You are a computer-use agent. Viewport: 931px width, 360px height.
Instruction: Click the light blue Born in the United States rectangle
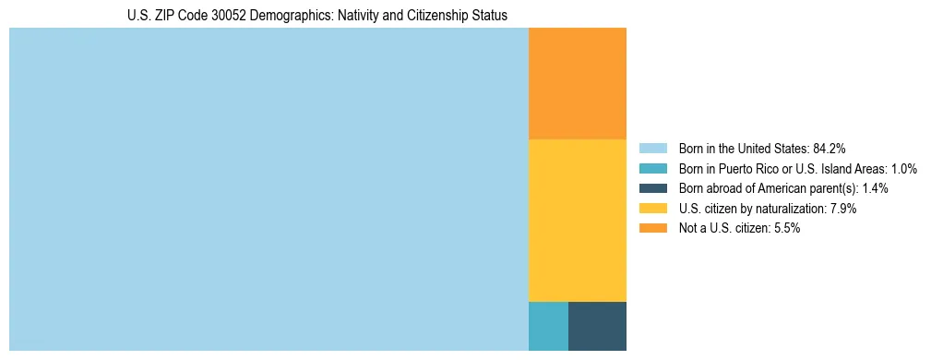(268, 189)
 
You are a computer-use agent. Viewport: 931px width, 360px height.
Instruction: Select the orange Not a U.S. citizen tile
(577, 83)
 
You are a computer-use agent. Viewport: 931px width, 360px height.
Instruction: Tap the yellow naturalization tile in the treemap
(577, 220)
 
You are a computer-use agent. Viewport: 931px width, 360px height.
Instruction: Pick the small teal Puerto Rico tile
(548, 326)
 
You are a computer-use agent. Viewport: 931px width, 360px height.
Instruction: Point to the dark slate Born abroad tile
(597, 326)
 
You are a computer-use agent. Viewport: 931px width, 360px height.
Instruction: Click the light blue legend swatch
(652, 148)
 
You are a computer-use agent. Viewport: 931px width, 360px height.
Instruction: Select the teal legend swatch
(652, 168)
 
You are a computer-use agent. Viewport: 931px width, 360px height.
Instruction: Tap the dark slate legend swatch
(652, 188)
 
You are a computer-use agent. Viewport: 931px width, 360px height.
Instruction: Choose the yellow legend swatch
(652, 209)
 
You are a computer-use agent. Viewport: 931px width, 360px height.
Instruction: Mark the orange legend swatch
(652, 229)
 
